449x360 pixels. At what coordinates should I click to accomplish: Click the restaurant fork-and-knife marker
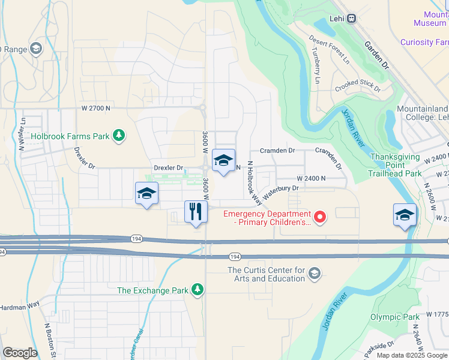(195, 212)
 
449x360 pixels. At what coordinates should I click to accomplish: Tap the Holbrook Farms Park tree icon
(119, 136)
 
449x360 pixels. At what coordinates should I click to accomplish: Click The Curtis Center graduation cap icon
(314, 274)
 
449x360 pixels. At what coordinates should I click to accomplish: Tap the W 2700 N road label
(97, 108)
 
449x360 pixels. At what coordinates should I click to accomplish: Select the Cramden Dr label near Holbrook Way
(277, 151)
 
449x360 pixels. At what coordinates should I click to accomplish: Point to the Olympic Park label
(394, 317)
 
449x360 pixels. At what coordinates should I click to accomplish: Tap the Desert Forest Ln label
(328, 49)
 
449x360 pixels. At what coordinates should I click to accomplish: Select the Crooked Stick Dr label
(358, 86)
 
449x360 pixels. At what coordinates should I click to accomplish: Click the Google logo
(20, 352)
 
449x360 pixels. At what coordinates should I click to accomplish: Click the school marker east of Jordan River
(405, 215)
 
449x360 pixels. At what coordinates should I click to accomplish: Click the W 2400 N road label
(311, 178)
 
